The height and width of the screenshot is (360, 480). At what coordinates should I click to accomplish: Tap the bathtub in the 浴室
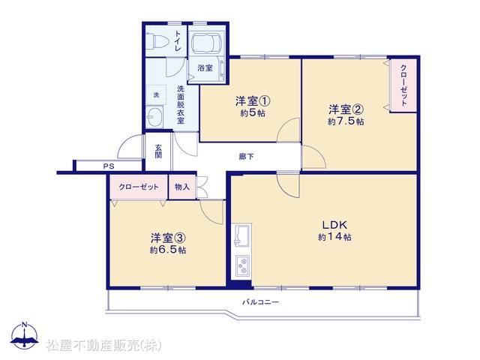click(x=206, y=43)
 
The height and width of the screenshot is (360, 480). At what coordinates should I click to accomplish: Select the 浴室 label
click(x=205, y=67)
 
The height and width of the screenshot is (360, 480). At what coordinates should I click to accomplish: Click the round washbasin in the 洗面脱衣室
click(x=154, y=116)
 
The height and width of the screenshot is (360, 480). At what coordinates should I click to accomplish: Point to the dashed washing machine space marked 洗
click(x=156, y=95)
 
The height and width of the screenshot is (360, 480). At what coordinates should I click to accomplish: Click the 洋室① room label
click(x=253, y=100)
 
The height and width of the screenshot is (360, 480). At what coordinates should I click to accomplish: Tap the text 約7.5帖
click(x=346, y=121)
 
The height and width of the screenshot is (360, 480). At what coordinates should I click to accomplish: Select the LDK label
click(x=334, y=225)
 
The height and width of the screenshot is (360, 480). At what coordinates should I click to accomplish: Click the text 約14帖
click(x=334, y=237)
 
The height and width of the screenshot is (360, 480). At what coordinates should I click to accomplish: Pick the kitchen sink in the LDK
click(x=241, y=235)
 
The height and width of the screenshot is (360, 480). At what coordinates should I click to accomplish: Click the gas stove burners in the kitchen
click(x=242, y=265)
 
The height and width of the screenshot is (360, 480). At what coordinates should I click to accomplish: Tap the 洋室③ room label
click(x=168, y=238)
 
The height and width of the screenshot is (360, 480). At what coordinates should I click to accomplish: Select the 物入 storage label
click(x=181, y=187)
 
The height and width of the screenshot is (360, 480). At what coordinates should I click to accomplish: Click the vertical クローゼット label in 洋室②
click(x=403, y=85)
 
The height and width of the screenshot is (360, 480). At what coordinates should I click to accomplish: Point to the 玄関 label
click(x=158, y=151)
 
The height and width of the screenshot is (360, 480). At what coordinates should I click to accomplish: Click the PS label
click(x=109, y=166)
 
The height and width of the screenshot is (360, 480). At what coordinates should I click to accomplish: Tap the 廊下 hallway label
click(x=246, y=157)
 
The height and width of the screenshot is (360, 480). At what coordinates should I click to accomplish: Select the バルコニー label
click(x=261, y=302)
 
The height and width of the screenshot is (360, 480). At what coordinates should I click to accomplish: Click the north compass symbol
click(x=25, y=335)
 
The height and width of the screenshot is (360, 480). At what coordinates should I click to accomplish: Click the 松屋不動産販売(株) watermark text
click(x=103, y=345)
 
